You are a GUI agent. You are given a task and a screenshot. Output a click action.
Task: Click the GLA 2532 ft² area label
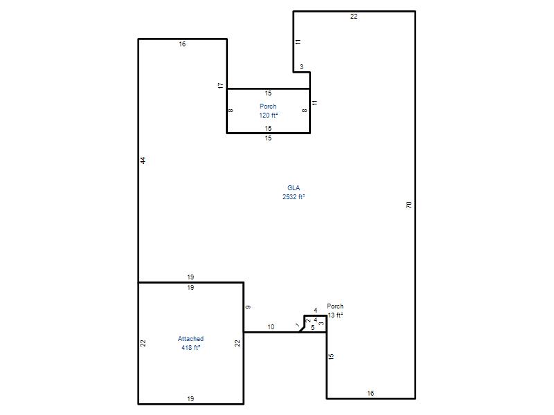pyautogui.click(x=294, y=192)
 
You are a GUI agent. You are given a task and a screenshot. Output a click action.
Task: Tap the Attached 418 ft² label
pyautogui.click(x=191, y=343)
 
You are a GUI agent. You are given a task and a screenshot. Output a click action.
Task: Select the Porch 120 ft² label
pyautogui.click(x=268, y=111)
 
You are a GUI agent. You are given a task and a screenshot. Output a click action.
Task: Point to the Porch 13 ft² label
pyautogui.click(x=335, y=311)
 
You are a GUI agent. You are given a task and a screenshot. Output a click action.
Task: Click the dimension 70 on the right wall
pyautogui.click(x=409, y=205)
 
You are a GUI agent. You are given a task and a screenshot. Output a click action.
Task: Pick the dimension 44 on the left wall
pyautogui.click(x=143, y=160)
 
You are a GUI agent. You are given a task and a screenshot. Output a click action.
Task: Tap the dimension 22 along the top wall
pyautogui.click(x=354, y=16)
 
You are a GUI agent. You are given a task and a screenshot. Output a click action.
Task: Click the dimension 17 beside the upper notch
pyautogui.click(x=220, y=85)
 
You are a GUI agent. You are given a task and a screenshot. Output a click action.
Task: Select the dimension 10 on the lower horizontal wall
pyautogui.click(x=271, y=327)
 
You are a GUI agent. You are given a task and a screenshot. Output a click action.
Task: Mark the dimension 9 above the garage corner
pyautogui.click(x=248, y=307)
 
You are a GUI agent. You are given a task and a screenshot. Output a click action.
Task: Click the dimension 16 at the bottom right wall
pyautogui.click(x=370, y=393)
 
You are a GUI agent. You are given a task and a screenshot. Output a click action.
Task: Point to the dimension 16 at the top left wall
pyautogui.click(x=182, y=44)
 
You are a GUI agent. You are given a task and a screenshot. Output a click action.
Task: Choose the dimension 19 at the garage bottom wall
pyautogui.click(x=190, y=399)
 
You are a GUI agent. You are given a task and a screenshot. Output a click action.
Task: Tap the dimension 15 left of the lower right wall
pyautogui.click(x=331, y=356)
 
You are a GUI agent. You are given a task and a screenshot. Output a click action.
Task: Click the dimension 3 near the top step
pyautogui.click(x=301, y=66)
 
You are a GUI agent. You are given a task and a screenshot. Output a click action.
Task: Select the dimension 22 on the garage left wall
pyautogui.click(x=143, y=343)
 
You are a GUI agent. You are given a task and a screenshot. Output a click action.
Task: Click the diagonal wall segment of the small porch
pyautogui.click(x=302, y=329)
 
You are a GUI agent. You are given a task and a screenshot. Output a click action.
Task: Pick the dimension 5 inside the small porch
pyautogui.click(x=313, y=328)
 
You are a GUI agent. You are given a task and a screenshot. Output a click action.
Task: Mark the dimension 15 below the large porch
pyautogui.click(x=268, y=138)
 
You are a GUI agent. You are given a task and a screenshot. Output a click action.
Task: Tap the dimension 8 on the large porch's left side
pyautogui.click(x=231, y=111)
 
